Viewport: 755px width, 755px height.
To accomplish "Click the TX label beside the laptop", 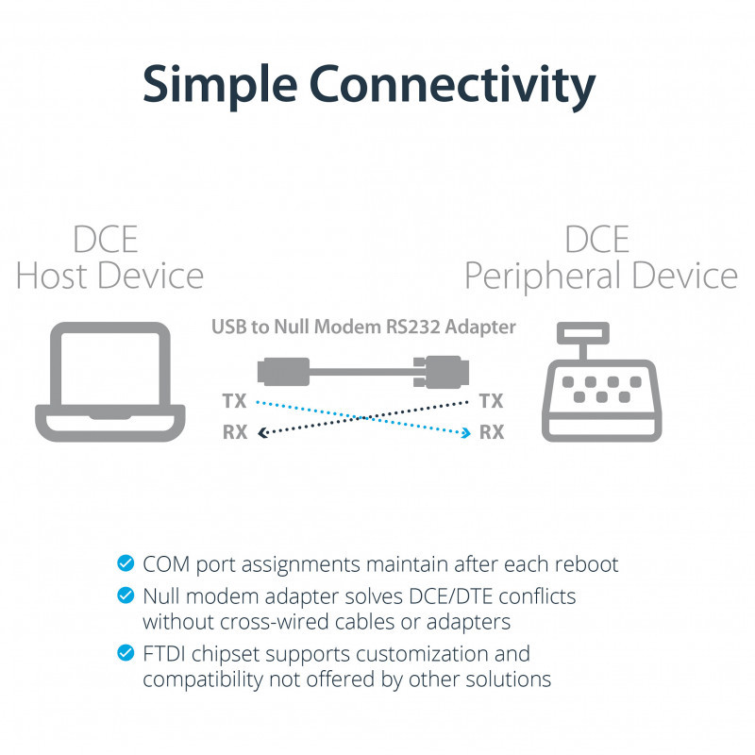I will [x=234, y=401].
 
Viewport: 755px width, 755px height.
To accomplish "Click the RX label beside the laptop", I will [x=234, y=432].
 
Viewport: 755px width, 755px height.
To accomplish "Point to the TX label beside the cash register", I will [x=492, y=401].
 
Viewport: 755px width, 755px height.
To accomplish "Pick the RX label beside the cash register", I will [x=492, y=432].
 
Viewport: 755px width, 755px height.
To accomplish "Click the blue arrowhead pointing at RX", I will [x=465, y=432].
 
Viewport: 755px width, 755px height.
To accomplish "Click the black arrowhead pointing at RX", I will [x=262, y=432].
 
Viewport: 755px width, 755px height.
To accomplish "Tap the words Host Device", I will [x=109, y=276].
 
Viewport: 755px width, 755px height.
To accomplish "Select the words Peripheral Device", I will [x=600, y=276].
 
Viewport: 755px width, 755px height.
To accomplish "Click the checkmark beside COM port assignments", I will [x=125, y=564].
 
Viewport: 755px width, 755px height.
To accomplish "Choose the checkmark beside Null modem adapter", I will [x=125, y=596].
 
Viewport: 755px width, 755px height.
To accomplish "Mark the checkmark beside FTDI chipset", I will [x=125, y=653].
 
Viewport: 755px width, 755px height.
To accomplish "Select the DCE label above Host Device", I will [x=106, y=239].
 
